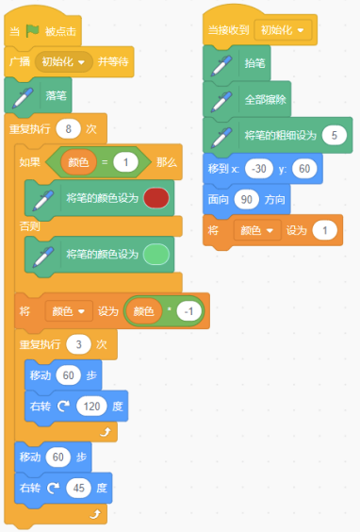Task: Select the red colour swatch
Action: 156,199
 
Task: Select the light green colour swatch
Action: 156,255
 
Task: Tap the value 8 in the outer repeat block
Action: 68,128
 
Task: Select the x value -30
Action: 259,168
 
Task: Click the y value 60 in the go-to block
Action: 303,168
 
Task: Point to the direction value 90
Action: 244,199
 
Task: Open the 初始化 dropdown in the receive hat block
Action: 284,30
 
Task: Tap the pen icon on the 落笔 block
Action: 19,96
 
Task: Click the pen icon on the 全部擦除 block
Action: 221,99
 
